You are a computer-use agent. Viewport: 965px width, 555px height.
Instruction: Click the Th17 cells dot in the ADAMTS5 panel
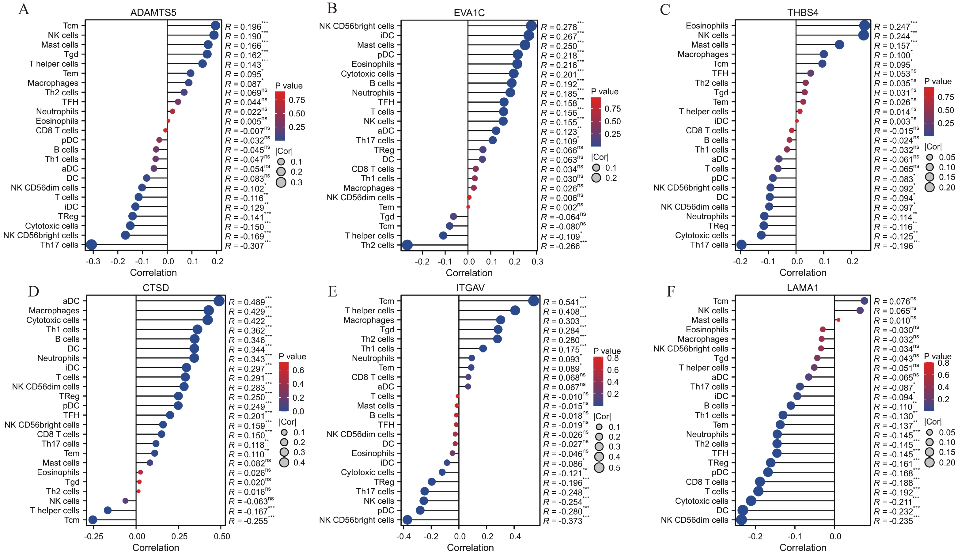91,245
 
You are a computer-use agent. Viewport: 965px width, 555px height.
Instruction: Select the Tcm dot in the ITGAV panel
533,301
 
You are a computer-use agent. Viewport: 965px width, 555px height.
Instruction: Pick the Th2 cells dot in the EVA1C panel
407,245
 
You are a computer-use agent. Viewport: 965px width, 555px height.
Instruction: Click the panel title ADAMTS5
153,13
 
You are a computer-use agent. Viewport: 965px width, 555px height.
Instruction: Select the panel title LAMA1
802,288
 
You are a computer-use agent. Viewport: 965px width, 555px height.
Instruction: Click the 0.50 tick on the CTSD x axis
221,536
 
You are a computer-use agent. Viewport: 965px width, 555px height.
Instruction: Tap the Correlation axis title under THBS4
803,273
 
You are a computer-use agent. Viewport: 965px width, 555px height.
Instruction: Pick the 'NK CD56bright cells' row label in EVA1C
357,26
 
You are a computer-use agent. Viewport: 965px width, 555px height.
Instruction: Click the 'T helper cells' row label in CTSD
55,510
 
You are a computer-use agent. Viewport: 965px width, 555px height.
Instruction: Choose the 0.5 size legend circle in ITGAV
599,467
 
